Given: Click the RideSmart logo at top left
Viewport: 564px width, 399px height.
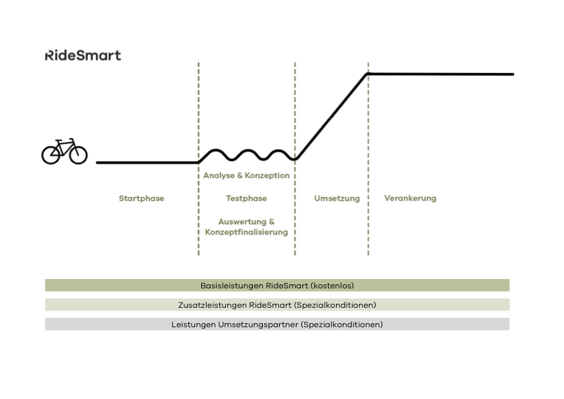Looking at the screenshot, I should [x=82, y=55].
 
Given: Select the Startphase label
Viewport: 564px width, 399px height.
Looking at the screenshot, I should [x=142, y=198].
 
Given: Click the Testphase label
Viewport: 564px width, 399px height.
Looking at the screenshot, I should [x=246, y=198].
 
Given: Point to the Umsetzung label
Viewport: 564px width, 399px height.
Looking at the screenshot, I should [x=337, y=198].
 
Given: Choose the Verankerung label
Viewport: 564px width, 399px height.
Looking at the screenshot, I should [x=410, y=198].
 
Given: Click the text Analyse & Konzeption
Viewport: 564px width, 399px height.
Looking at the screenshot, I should [x=246, y=176].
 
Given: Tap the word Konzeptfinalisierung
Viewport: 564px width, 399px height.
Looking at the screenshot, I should [x=246, y=232].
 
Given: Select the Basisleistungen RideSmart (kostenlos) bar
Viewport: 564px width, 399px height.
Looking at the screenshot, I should [x=277, y=285].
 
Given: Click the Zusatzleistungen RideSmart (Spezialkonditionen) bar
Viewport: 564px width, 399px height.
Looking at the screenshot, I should [x=277, y=304].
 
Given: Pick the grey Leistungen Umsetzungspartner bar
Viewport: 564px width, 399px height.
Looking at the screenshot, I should [x=277, y=324].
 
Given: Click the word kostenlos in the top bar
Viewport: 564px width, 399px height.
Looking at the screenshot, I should [x=333, y=285].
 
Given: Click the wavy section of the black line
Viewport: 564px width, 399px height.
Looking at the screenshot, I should [x=246, y=154].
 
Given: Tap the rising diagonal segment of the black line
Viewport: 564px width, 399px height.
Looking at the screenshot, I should [x=331, y=117].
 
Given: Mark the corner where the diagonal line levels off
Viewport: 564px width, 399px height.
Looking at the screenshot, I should [x=368, y=74].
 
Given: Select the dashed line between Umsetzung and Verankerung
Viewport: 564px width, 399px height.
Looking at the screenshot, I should [x=368, y=221].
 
